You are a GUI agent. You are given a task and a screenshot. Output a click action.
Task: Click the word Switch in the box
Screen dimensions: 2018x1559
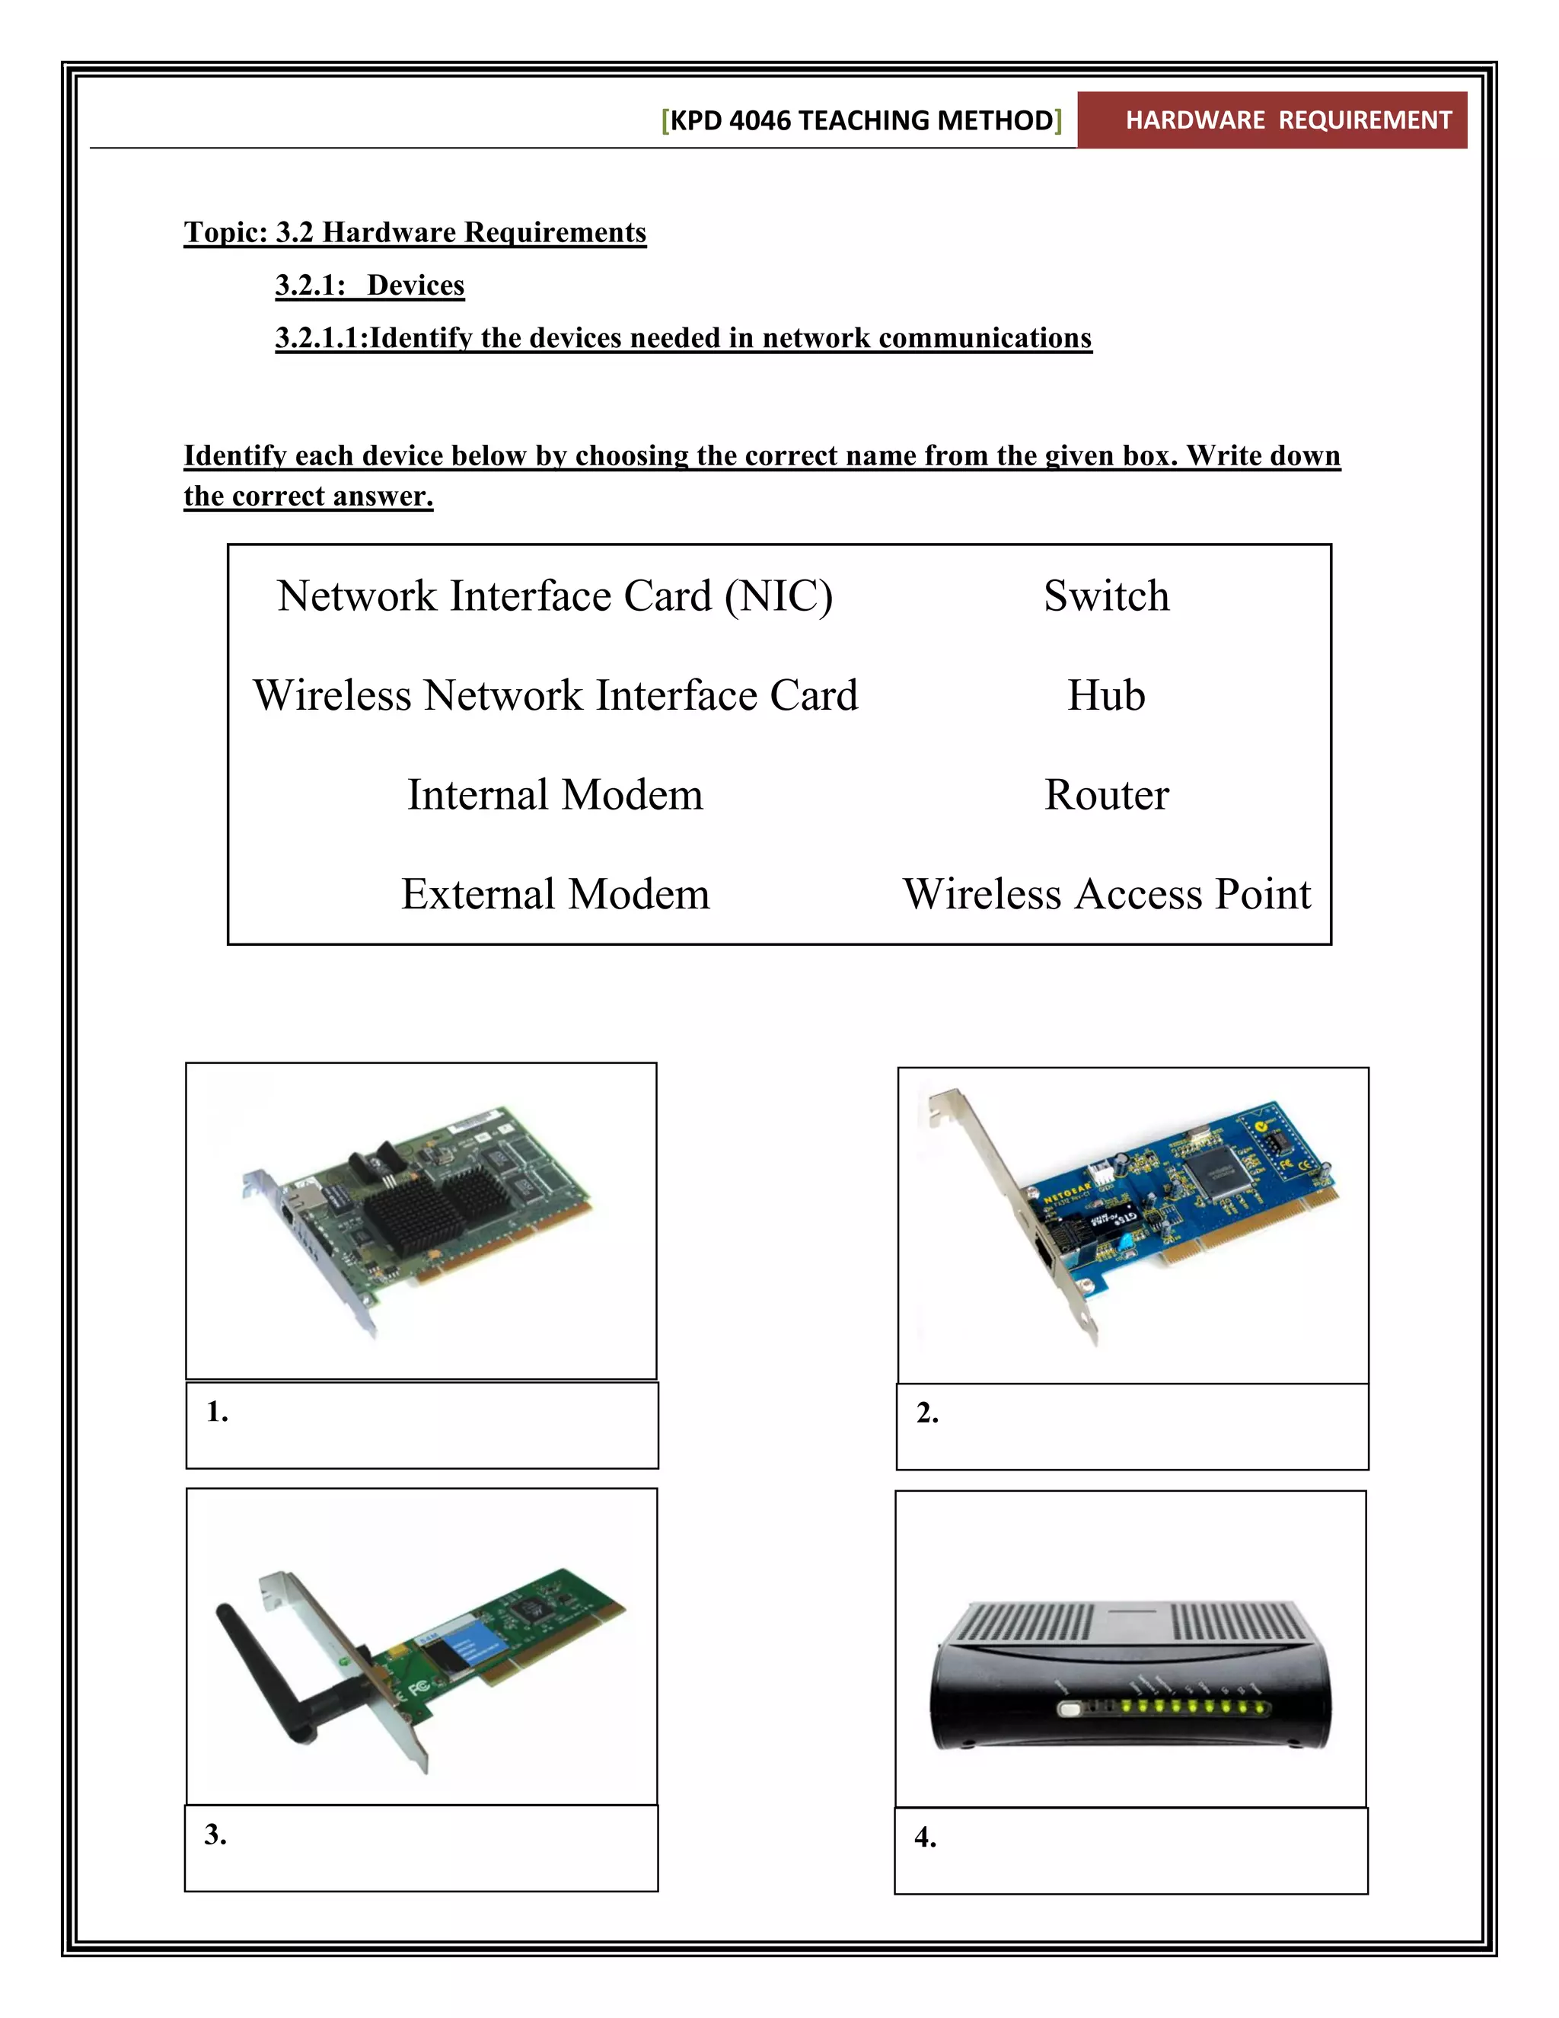point(1105,596)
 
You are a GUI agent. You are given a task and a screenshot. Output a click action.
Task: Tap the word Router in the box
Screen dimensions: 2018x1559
point(1105,794)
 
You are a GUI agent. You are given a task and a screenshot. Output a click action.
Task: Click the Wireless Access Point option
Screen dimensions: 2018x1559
point(1105,895)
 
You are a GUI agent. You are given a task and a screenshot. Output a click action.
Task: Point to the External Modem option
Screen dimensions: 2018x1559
point(555,895)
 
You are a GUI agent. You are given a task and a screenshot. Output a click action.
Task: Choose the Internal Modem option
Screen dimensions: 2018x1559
point(555,794)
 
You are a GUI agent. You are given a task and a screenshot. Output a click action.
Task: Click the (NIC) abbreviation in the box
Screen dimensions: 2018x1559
point(778,596)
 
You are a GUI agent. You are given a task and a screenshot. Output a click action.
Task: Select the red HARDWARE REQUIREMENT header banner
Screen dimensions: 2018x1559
point(1273,120)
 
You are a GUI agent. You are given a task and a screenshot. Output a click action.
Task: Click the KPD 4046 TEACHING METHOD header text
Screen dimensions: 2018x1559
point(861,120)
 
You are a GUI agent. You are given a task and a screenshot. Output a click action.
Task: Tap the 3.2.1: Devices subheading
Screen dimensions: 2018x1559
point(369,285)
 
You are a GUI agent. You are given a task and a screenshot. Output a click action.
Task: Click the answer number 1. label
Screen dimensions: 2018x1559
point(217,1412)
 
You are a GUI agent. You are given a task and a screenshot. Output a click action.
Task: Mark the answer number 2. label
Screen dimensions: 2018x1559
point(927,1413)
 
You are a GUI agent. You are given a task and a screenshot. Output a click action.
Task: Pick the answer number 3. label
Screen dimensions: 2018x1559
point(215,1834)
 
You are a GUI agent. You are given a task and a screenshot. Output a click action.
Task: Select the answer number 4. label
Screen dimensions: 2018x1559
point(926,1837)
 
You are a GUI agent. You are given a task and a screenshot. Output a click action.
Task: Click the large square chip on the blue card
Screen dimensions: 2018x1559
point(1213,1173)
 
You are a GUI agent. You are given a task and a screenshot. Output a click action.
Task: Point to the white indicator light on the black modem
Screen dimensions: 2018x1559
point(1070,1710)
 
